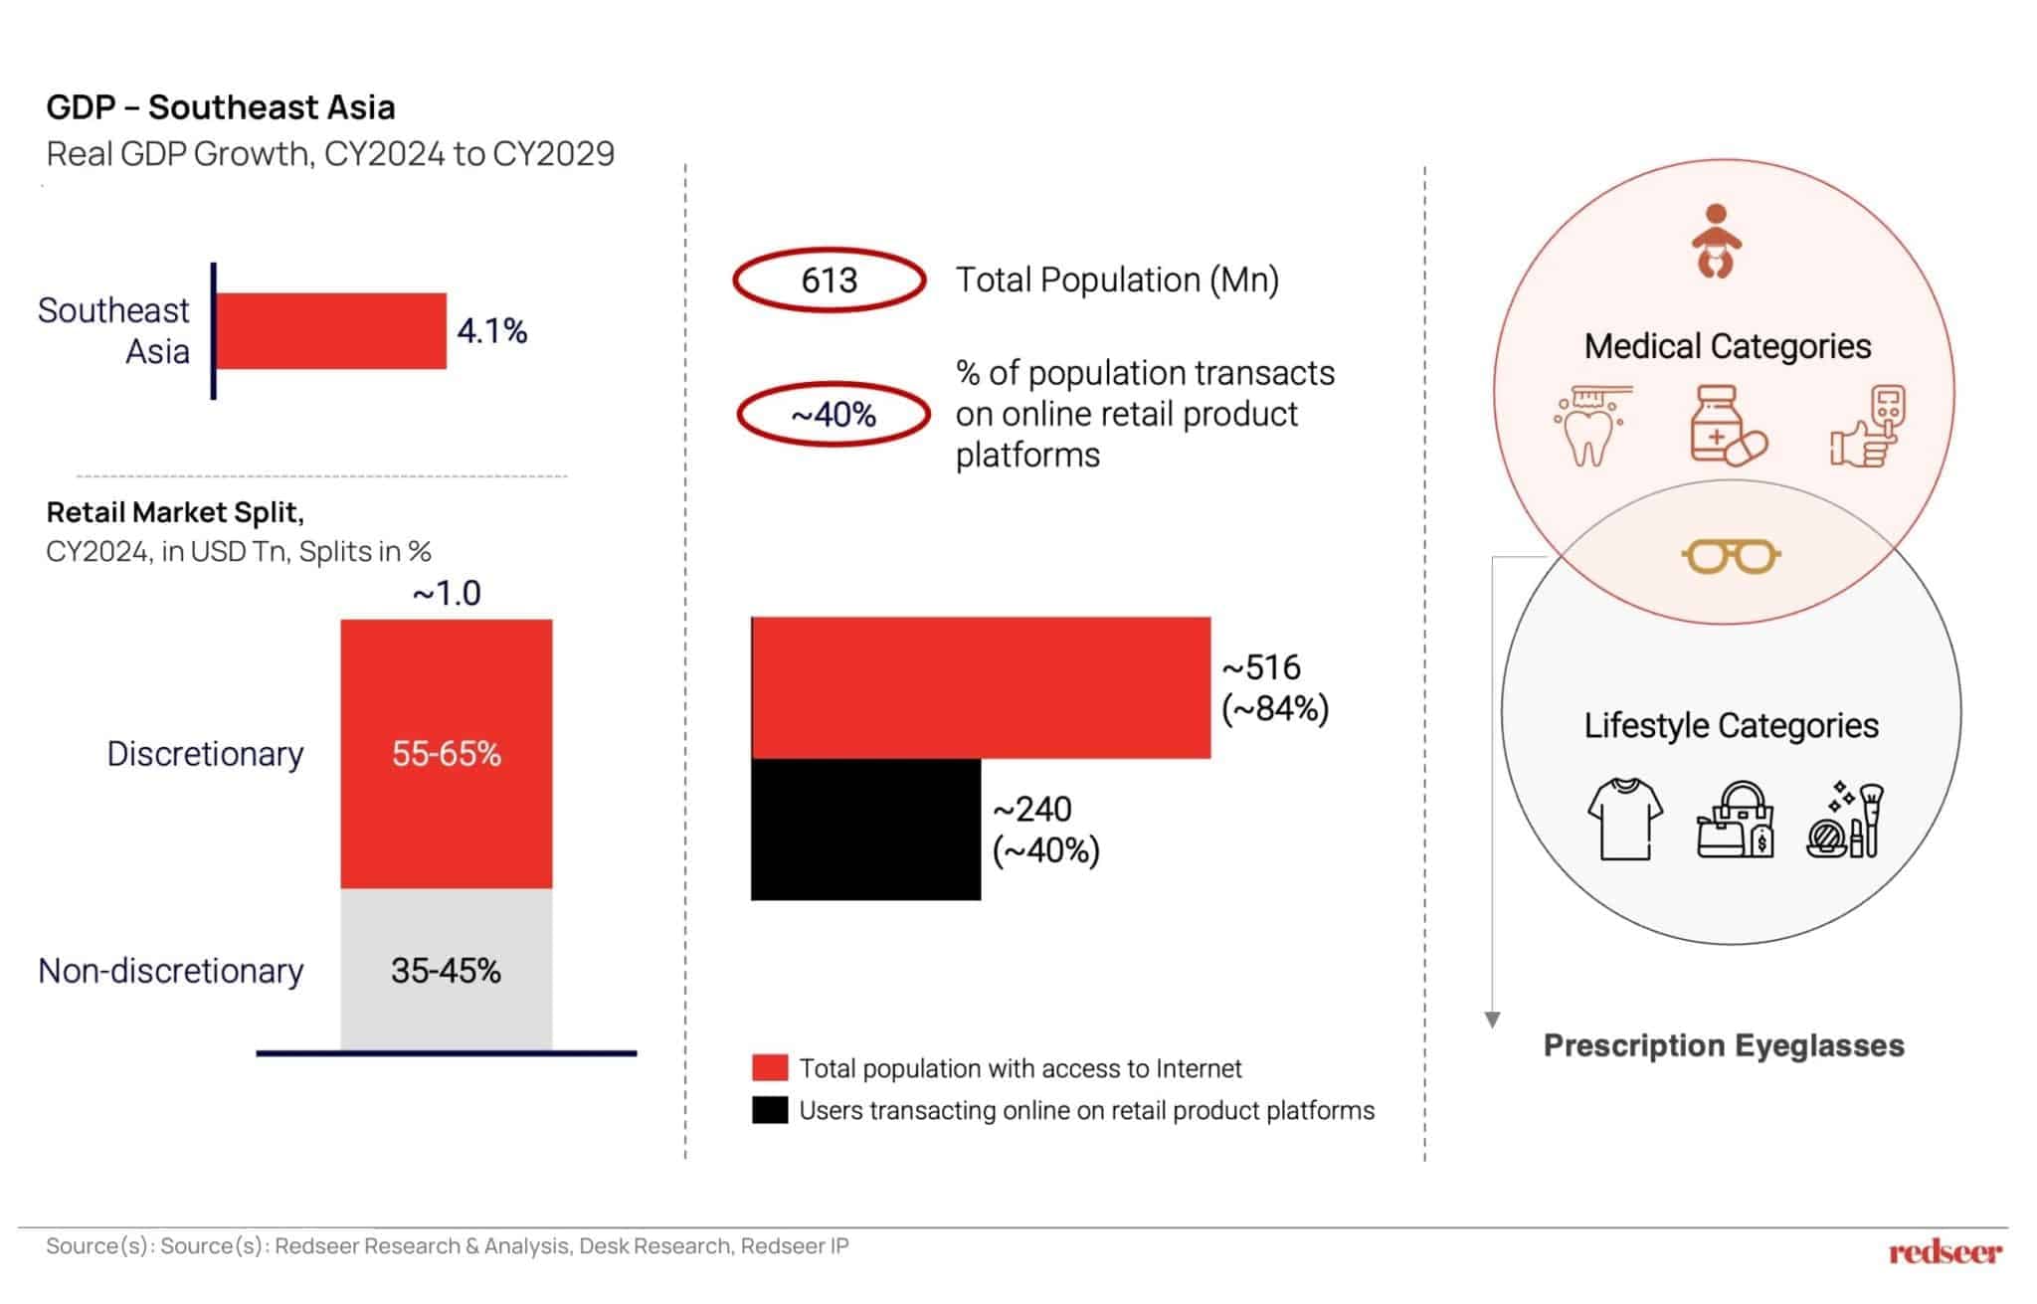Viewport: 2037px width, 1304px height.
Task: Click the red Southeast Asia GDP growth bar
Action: click(331, 330)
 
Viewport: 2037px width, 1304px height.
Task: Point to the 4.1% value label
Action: click(491, 330)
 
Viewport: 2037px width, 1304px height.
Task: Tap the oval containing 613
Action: click(830, 279)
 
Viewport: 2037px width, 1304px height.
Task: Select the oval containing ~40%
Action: click(833, 414)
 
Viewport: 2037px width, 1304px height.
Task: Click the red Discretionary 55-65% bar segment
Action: click(446, 753)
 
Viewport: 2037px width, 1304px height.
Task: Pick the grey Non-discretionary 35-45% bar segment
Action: click(446, 970)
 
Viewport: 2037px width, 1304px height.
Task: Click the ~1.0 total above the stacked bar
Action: click(447, 593)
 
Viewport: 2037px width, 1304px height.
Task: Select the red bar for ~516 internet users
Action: click(981, 687)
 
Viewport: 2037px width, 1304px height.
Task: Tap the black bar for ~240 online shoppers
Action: click(865, 830)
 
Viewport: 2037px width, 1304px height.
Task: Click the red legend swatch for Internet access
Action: click(770, 1068)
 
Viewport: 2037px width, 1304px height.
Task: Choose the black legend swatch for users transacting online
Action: click(770, 1110)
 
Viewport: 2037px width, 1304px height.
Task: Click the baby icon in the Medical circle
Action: click(1716, 241)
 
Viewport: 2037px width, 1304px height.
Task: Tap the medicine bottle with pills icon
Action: click(1727, 426)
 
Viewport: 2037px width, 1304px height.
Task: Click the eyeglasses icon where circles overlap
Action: click(1731, 556)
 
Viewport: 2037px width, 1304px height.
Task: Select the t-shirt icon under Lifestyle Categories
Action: click(1624, 819)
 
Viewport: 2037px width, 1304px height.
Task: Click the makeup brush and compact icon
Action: click(1846, 821)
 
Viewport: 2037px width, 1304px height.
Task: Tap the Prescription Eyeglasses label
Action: click(1724, 1045)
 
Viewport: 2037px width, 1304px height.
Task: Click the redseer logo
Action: click(1944, 1252)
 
